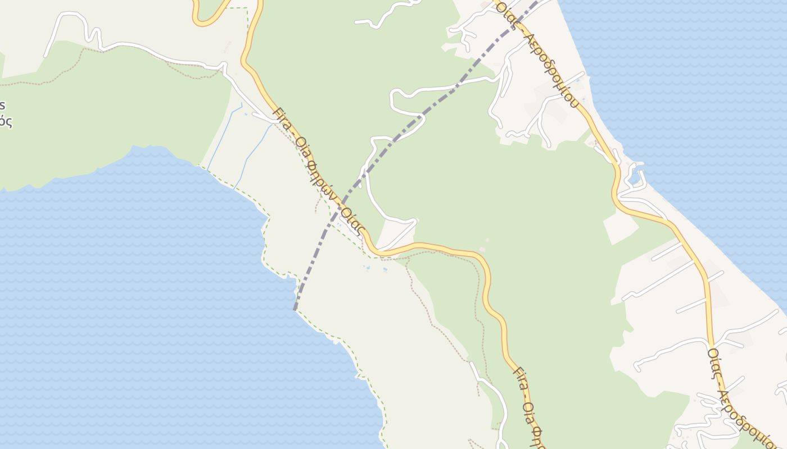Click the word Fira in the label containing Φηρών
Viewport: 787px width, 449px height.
pyautogui.click(x=281, y=118)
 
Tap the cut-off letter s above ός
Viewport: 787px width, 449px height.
pyautogui.click(x=3, y=106)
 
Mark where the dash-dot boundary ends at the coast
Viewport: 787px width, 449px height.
pyautogui.click(x=295, y=309)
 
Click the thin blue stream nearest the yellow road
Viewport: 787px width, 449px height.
pyautogui.click(x=253, y=154)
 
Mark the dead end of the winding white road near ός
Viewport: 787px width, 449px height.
pyautogui.click(x=46, y=56)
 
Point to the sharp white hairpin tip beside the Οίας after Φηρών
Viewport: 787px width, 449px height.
pyautogui.click(x=415, y=221)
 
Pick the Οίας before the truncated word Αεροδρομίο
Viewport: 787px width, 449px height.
pyautogui.click(x=714, y=363)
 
